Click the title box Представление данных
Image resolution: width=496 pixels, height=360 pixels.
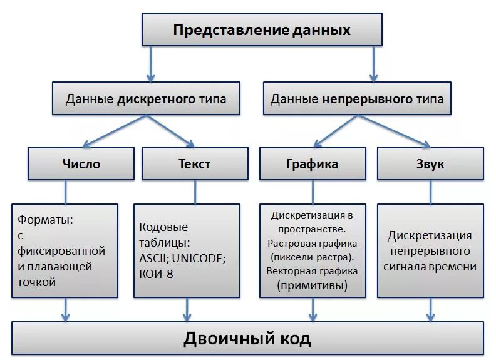pyautogui.click(x=262, y=30)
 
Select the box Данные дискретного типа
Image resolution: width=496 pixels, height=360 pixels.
pyautogui.click(x=145, y=98)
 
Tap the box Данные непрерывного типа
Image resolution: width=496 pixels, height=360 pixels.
pyautogui.click(x=357, y=98)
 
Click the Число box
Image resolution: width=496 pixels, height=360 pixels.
pyautogui.click(x=81, y=164)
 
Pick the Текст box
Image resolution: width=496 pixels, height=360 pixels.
pyautogui.click(x=194, y=164)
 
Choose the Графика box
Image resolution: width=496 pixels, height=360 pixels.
pyautogui.click(x=312, y=164)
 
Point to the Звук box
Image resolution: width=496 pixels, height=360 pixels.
pyautogui.click(x=430, y=164)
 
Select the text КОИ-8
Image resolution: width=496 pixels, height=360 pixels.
pyautogui.click(x=157, y=272)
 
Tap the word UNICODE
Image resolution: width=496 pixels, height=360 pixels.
pyautogui.click(x=200, y=257)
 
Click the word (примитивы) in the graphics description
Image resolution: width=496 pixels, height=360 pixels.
pyautogui.click(x=312, y=285)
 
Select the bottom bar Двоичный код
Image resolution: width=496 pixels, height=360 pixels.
pyautogui.click(x=247, y=339)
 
